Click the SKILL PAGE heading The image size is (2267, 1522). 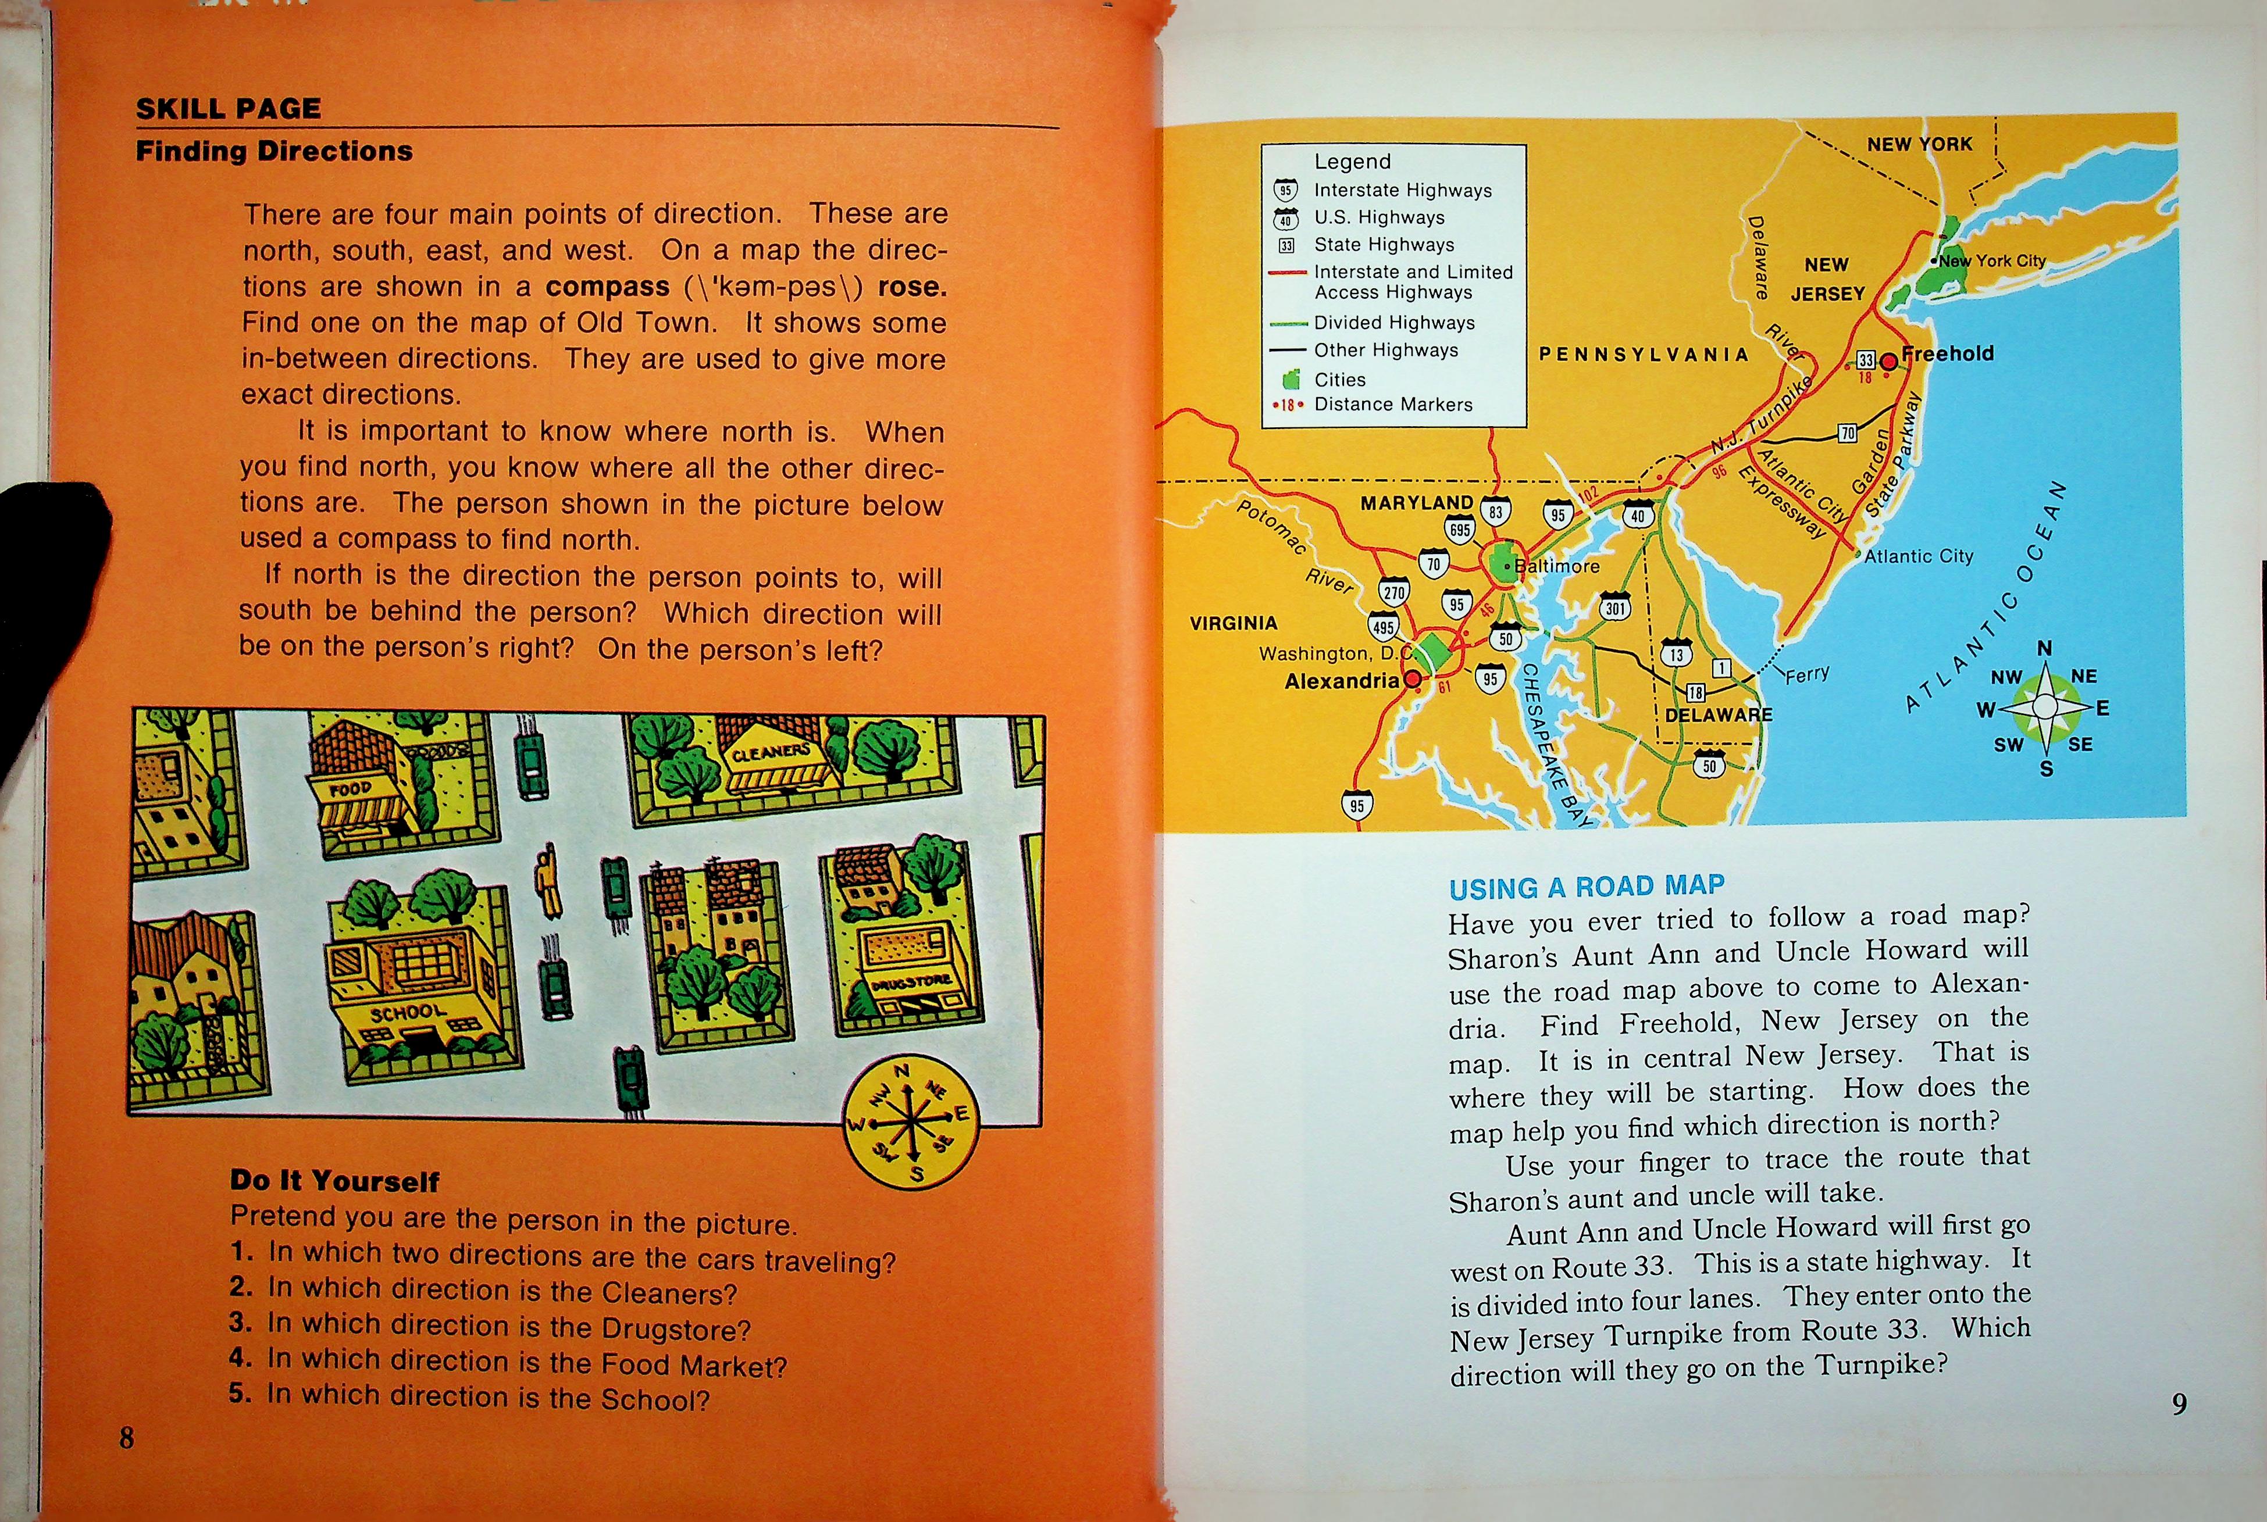tap(228, 109)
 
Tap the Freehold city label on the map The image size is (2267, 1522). tap(1948, 353)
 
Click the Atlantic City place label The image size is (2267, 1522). tap(1919, 556)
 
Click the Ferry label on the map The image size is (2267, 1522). tap(1807, 674)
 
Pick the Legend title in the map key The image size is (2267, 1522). tap(1352, 161)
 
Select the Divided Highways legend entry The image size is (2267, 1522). tap(1393, 322)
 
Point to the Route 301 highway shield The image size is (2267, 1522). tap(1614, 607)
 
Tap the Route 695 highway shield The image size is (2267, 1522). tap(1459, 529)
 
